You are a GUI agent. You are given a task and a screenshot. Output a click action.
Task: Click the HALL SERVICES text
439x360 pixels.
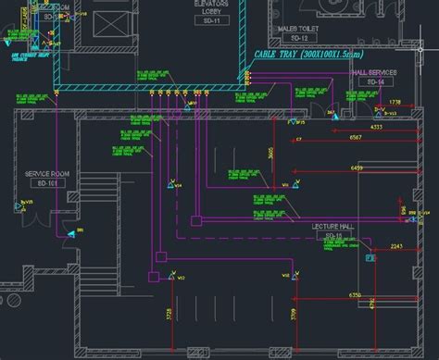[x=374, y=72]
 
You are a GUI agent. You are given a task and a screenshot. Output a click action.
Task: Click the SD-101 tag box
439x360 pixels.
[x=44, y=185]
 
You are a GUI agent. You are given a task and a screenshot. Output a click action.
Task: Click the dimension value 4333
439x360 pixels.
[x=376, y=125]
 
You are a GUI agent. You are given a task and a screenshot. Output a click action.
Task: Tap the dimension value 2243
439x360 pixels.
[x=396, y=246]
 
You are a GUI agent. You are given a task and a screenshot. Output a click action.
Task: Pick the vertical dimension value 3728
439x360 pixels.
[x=169, y=316]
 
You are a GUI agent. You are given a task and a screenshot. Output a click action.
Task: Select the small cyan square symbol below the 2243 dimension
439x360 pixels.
[x=370, y=258]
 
